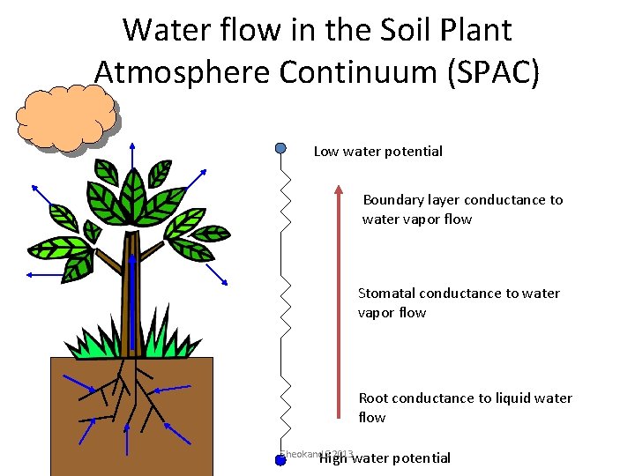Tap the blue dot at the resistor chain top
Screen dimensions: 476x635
tap(280, 147)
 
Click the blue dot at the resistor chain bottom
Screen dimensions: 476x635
tap(280, 459)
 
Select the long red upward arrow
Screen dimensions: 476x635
tap(338, 300)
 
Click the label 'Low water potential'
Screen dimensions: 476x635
tap(378, 151)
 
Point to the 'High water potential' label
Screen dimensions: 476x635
tap(385, 457)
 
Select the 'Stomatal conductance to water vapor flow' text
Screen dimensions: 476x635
tap(458, 302)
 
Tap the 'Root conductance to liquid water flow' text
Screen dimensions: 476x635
tap(465, 407)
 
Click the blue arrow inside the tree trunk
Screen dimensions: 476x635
tap(131, 300)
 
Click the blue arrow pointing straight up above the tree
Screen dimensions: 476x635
tap(132, 159)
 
